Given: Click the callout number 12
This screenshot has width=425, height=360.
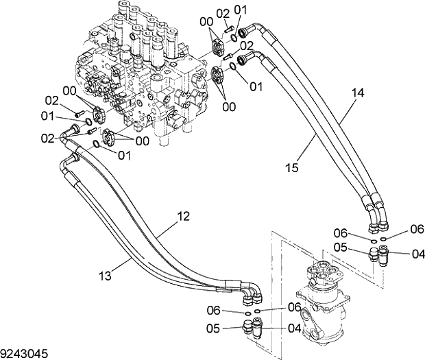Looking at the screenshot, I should point(182,216).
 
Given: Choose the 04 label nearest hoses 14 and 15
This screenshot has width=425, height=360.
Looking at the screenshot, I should point(417,254).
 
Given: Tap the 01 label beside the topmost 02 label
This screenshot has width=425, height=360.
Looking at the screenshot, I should point(240,10).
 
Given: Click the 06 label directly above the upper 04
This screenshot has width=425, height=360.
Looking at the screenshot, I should point(417,228).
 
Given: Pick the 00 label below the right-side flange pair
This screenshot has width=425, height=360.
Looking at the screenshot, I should point(229,106).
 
